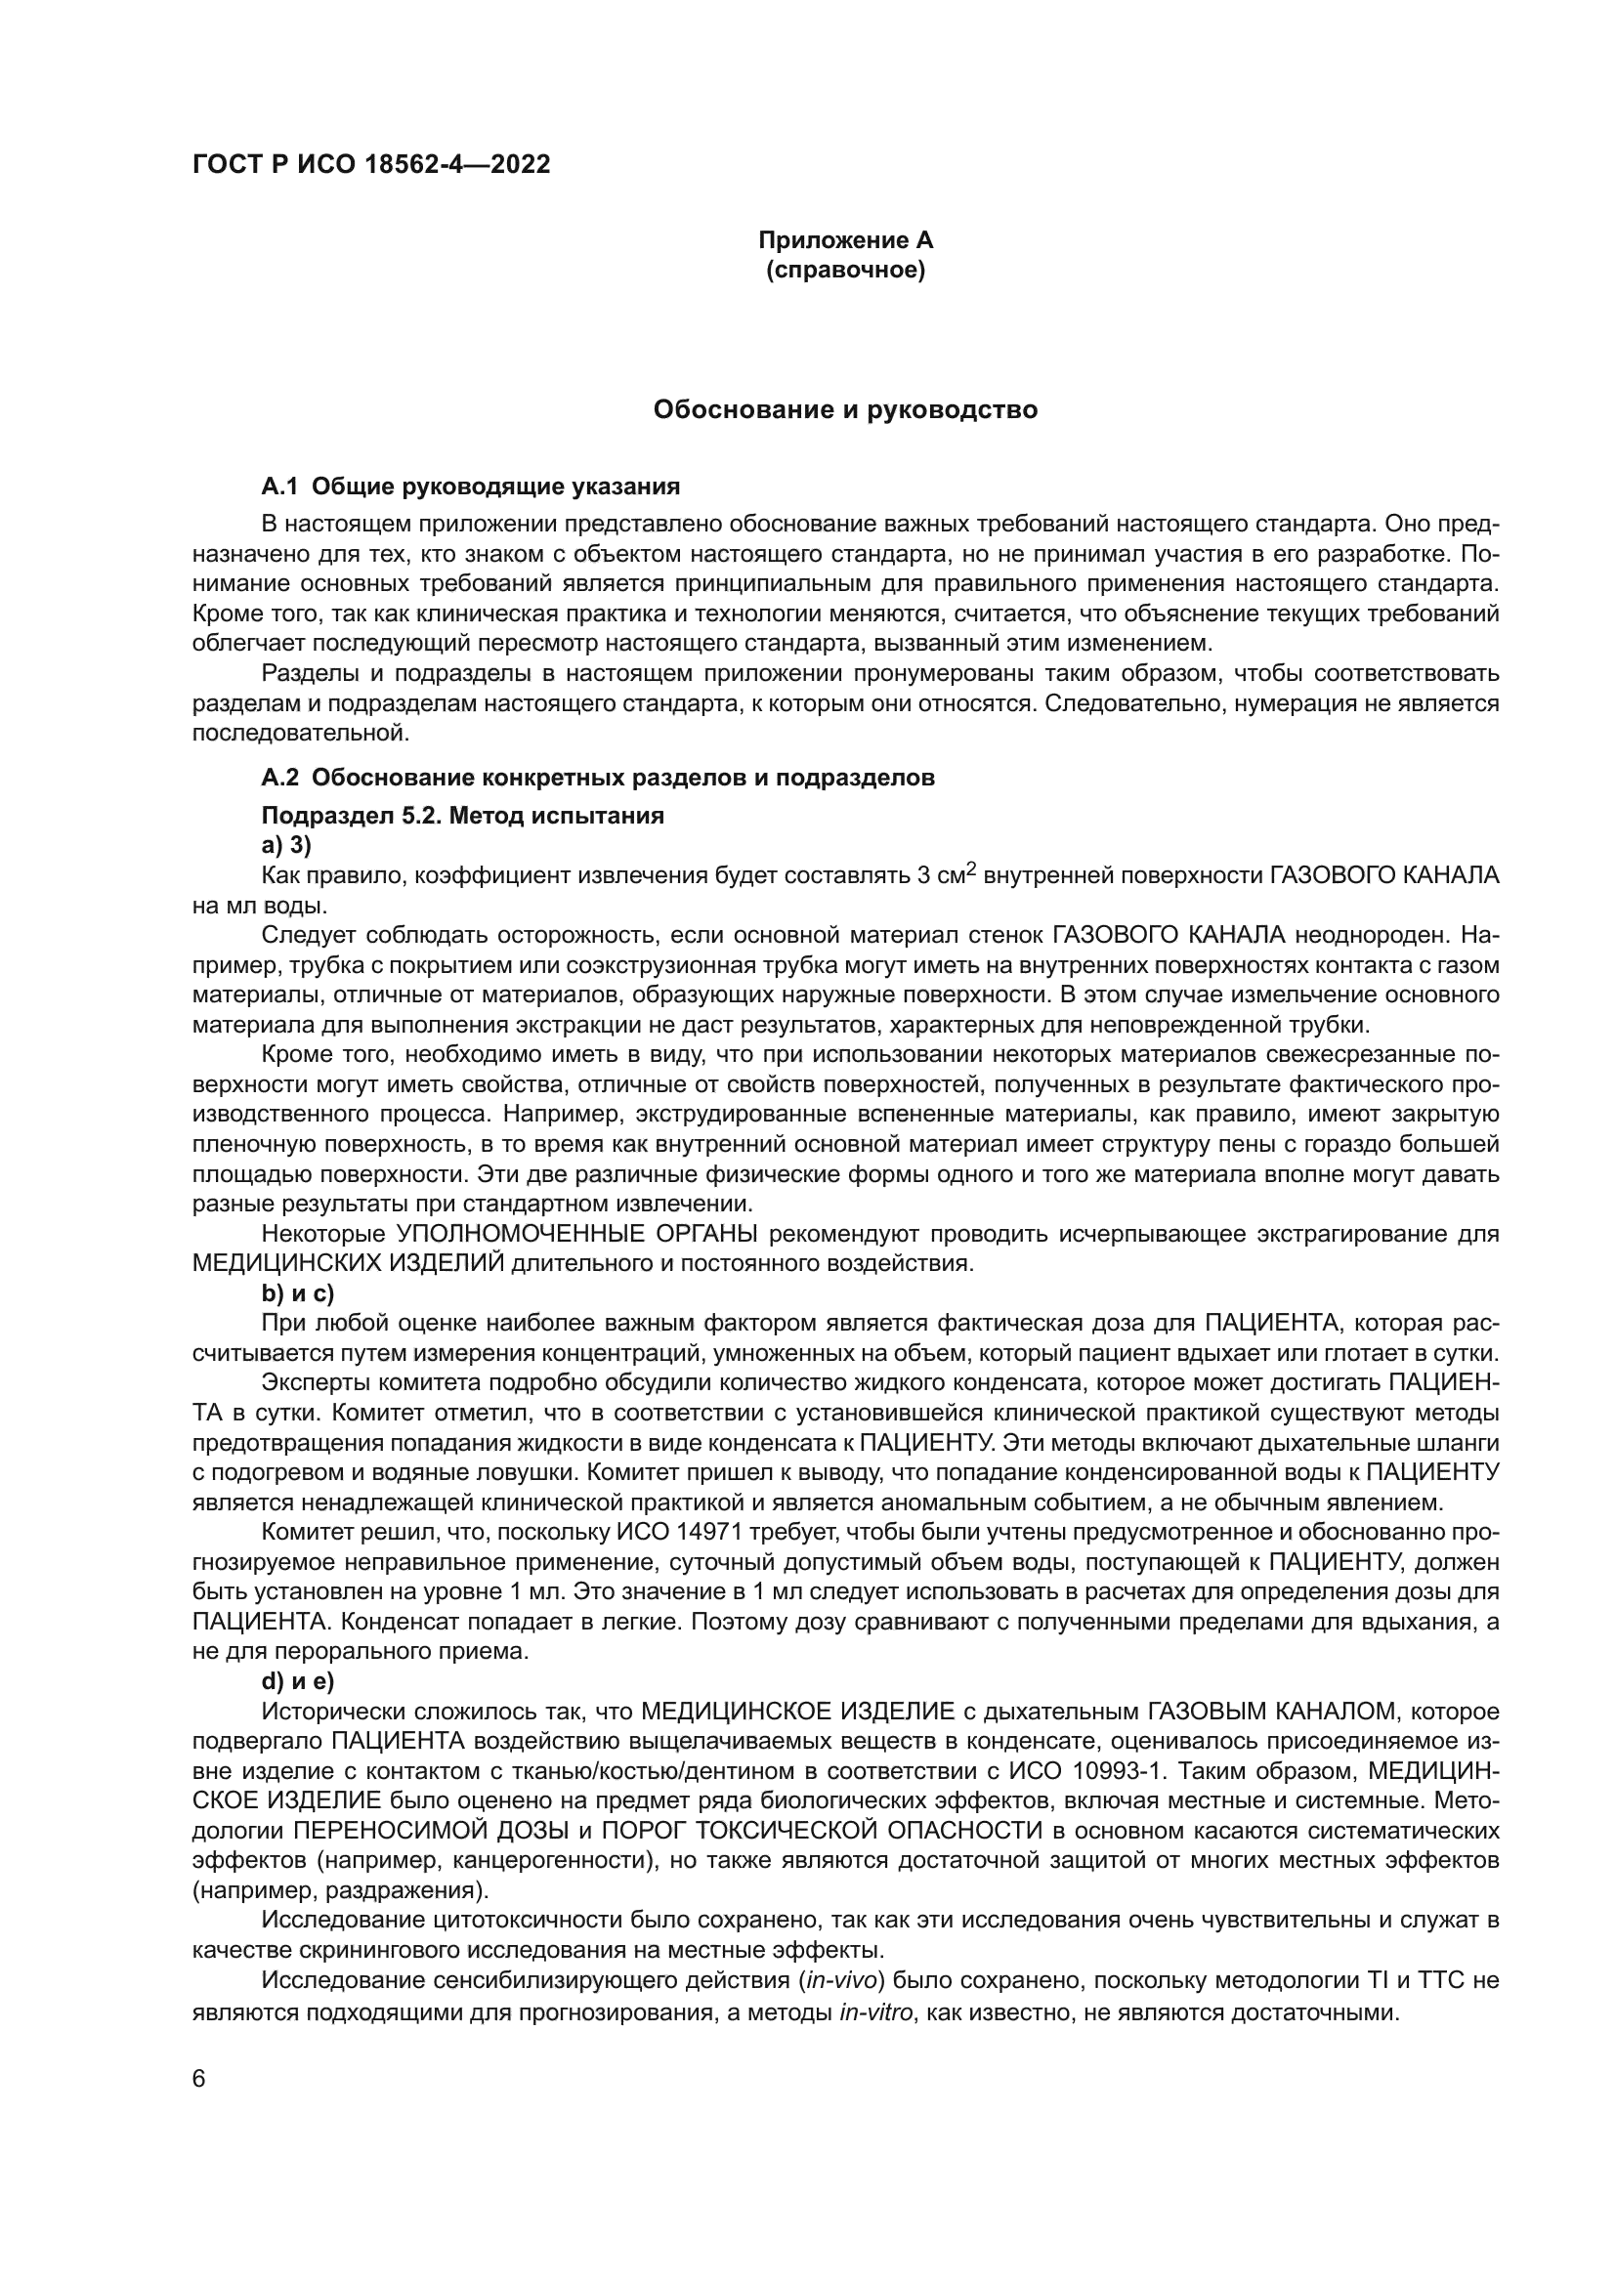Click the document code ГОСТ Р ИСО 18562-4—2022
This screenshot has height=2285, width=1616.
(x=370, y=165)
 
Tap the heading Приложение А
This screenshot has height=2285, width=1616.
(x=845, y=240)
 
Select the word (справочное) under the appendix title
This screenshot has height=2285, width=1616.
(x=845, y=271)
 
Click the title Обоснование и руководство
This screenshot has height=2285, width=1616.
(x=845, y=410)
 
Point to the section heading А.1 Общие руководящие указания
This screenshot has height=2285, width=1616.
(x=471, y=487)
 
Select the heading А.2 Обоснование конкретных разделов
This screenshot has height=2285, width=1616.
(x=598, y=779)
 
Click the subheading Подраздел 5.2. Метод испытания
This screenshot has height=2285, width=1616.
(x=463, y=816)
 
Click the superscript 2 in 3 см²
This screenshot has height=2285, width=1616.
(x=972, y=868)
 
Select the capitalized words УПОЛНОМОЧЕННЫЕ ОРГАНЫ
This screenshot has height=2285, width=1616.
(x=577, y=1235)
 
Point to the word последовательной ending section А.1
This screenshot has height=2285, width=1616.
(x=299, y=735)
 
